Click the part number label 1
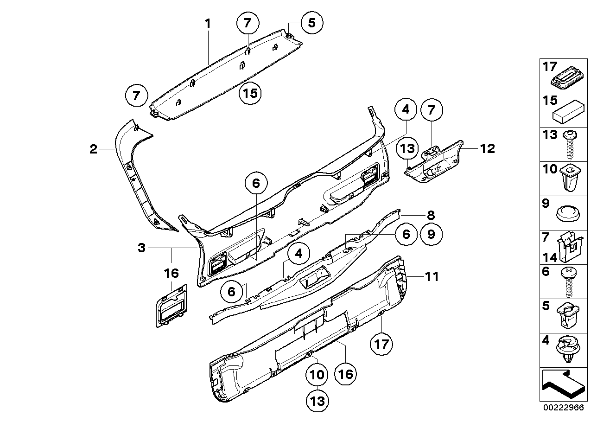[208, 23]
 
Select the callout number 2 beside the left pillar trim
[93, 149]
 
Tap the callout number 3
[142, 248]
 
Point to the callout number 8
[431, 215]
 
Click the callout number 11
[432, 277]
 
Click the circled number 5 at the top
[312, 23]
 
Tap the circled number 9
[431, 235]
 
